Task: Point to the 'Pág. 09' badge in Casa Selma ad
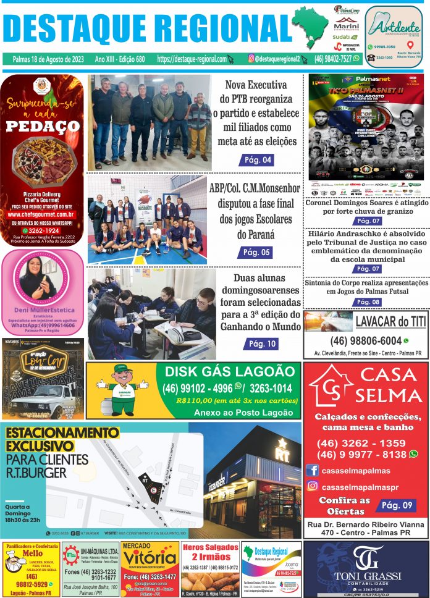[x=399, y=505]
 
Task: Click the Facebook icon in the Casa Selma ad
[x=312, y=471]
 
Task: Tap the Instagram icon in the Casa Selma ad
[x=312, y=486]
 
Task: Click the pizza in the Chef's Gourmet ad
[x=43, y=159]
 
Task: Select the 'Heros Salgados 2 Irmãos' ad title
[x=210, y=552]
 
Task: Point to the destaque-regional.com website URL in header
[x=192, y=59]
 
